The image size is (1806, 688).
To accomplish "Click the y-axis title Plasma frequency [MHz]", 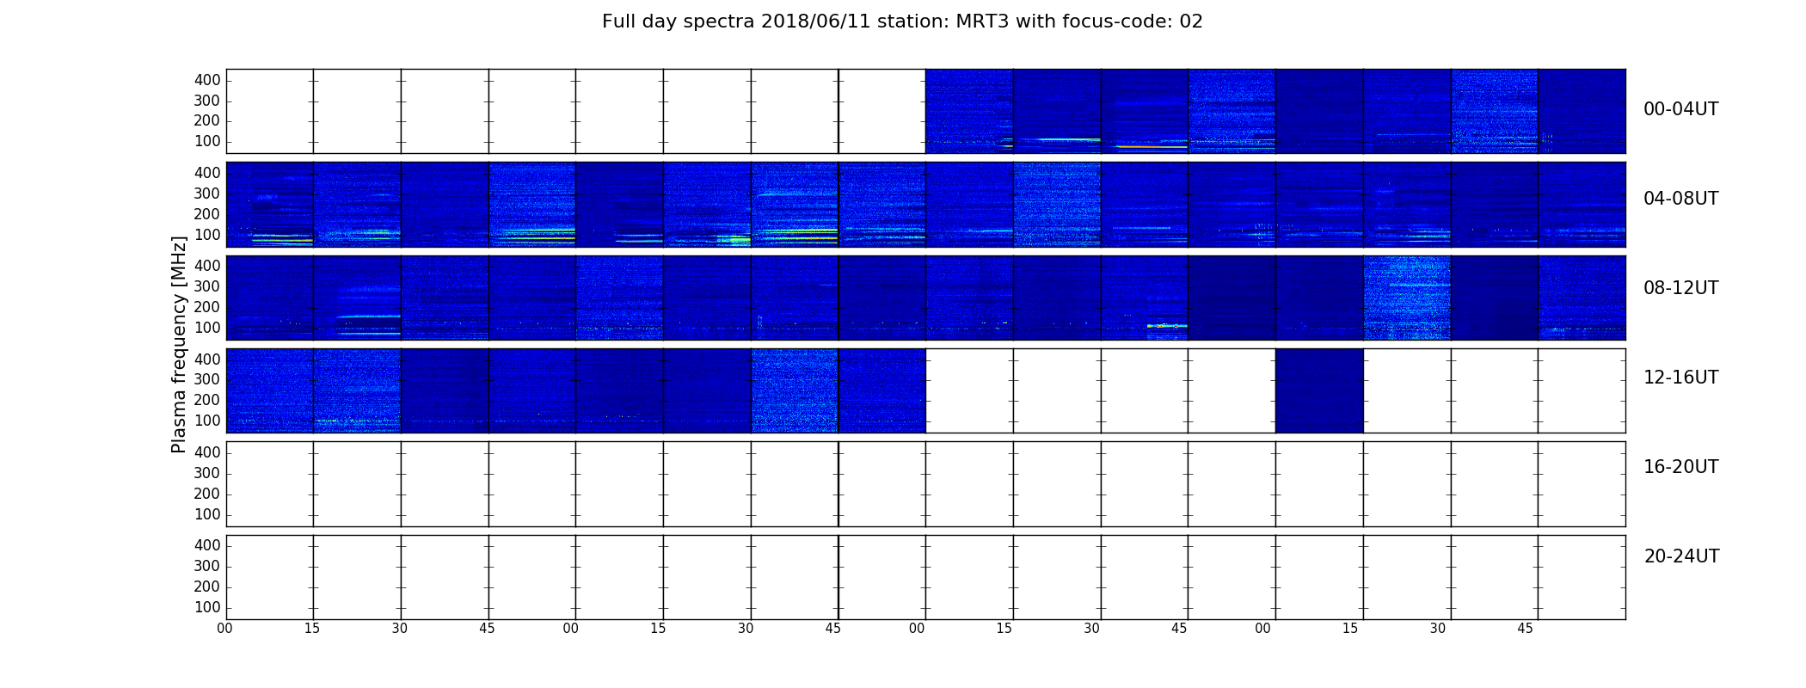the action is (x=179, y=344).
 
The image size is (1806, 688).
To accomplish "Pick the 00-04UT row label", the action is (x=1681, y=109).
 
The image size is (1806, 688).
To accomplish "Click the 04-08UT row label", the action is (x=1681, y=199).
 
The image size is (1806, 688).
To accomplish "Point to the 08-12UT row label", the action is (x=1681, y=288).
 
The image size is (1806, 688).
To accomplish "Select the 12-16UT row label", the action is (x=1681, y=378).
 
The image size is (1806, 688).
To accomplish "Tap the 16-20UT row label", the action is (x=1681, y=467).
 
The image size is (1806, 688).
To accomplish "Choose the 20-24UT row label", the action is (x=1681, y=556).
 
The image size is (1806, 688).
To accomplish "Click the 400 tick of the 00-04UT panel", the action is (x=207, y=80).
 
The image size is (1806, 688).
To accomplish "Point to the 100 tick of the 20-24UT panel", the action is (x=207, y=607).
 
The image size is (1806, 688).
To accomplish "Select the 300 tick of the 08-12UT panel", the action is (x=207, y=286).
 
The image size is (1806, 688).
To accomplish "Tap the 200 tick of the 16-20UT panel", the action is (x=207, y=494).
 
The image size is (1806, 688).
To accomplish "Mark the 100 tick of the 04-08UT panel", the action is (x=207, y=235).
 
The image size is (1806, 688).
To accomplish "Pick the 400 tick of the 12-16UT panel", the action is (x=207, y=359).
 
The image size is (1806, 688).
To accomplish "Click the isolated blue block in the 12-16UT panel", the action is (x=1319, y=390).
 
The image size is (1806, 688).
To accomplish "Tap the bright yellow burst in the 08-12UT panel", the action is (x=1167, y=326).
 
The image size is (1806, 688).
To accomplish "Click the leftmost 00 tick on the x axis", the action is (x=224, y=629).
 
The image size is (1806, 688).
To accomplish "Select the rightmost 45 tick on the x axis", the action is (x=1525, y=629).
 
